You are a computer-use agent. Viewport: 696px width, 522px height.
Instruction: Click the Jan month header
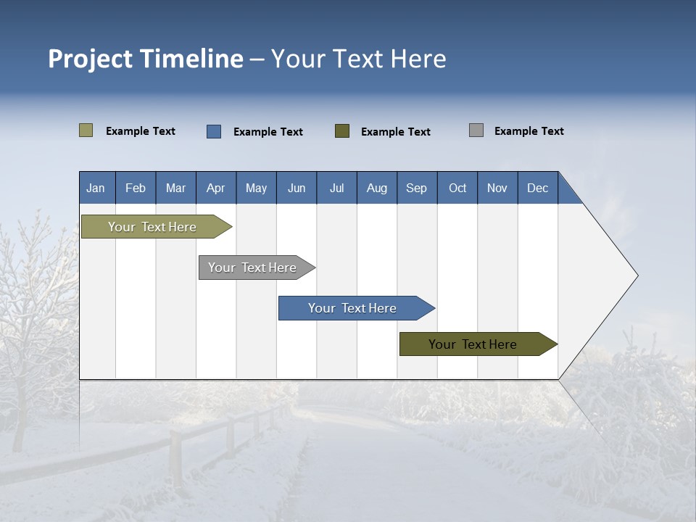[x=96, y=188]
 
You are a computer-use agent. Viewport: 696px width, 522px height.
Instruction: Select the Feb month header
[x=136, y=188]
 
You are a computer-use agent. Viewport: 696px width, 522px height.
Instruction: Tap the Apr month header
[x=216, y=188]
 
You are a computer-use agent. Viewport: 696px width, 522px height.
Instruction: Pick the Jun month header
[x=297, y=188]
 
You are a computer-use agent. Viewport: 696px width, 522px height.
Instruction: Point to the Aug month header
[x=377, y=188]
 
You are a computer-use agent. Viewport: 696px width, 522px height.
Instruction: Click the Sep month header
[x=417, y=188]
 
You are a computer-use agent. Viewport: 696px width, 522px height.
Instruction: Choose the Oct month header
[x=457, y=188]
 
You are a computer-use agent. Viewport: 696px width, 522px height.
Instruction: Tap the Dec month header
[x=538, y=188]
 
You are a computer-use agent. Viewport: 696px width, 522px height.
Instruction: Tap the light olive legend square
[x=86, y=130]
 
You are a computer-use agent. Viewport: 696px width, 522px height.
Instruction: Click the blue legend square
[x=214, y=131]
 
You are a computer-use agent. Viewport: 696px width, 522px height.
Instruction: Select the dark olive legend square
[x=342, y=131]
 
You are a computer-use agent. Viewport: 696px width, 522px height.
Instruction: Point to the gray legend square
[x=476, y=130]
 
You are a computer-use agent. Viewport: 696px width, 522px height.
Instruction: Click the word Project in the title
[x=91, y=59]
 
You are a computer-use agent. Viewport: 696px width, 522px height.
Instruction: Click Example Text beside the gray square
[x=529, y=131]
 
